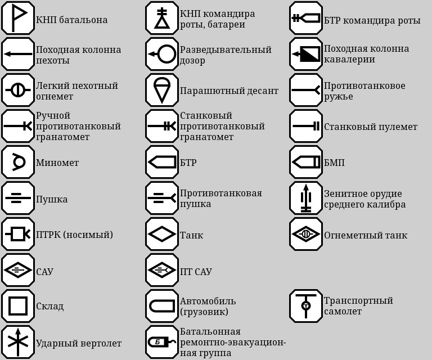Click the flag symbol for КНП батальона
click(x=17, y=18)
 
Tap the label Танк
click(x=191, y=235)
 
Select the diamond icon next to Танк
click(x=162, y=234)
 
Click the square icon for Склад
click(x=17, y=306)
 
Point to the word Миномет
click(x=57, y=163)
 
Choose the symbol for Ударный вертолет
click(x=17, y=342)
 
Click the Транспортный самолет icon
click(x=305, y=306)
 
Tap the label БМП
click(x=334, y=163)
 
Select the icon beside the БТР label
click(x=162, y=162)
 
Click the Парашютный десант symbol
click(x=162, y=90)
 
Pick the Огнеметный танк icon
click(x=305, y=234)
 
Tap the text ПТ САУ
click(x=196, y=272)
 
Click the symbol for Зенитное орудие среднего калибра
click(x=305, y=198)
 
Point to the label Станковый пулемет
click(x=370, y=127)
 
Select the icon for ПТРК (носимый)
click(x=17, y=234)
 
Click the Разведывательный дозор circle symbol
click(x=162, y=54)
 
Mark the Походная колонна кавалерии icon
click(x=305, y=54)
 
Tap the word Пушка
click(x=52, y=199)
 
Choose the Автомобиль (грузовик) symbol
click(x=162, y=306)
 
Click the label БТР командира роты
click(x=372, y=20)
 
